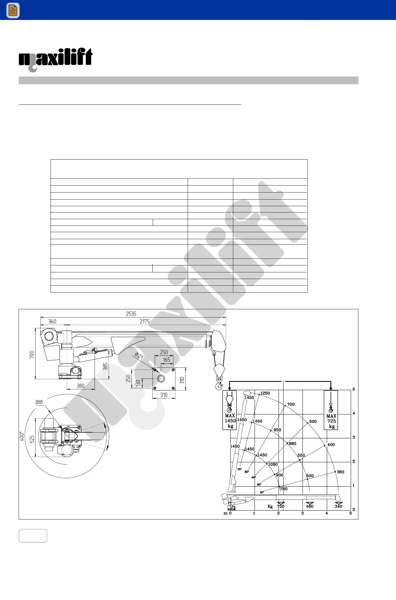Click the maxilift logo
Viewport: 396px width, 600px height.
point(55,59)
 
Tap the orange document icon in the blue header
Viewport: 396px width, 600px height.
point(13,10)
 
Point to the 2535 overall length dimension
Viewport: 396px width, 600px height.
point(131,314)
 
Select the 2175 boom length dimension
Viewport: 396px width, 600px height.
point(144,321)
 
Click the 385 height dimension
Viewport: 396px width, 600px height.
point(105,367)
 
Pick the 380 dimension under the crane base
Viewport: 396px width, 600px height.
point(81,386)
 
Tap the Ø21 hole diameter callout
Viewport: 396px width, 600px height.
point(139,356)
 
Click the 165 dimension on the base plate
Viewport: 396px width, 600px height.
point(166,360)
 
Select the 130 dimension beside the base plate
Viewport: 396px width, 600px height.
point(138,383)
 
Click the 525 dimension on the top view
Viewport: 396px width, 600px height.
point(32,439)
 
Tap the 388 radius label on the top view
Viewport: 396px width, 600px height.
point(39,402)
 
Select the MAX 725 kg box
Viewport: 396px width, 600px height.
point(331,410)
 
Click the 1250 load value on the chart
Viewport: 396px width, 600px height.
point(265,393)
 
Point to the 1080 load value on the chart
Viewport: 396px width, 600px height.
point(273,464)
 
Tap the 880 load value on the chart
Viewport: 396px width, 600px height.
point(293,443)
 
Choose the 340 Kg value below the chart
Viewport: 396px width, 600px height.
point(338,506)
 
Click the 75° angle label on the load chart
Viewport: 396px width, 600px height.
point(239,469)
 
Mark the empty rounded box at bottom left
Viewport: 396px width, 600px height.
point(33,535)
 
